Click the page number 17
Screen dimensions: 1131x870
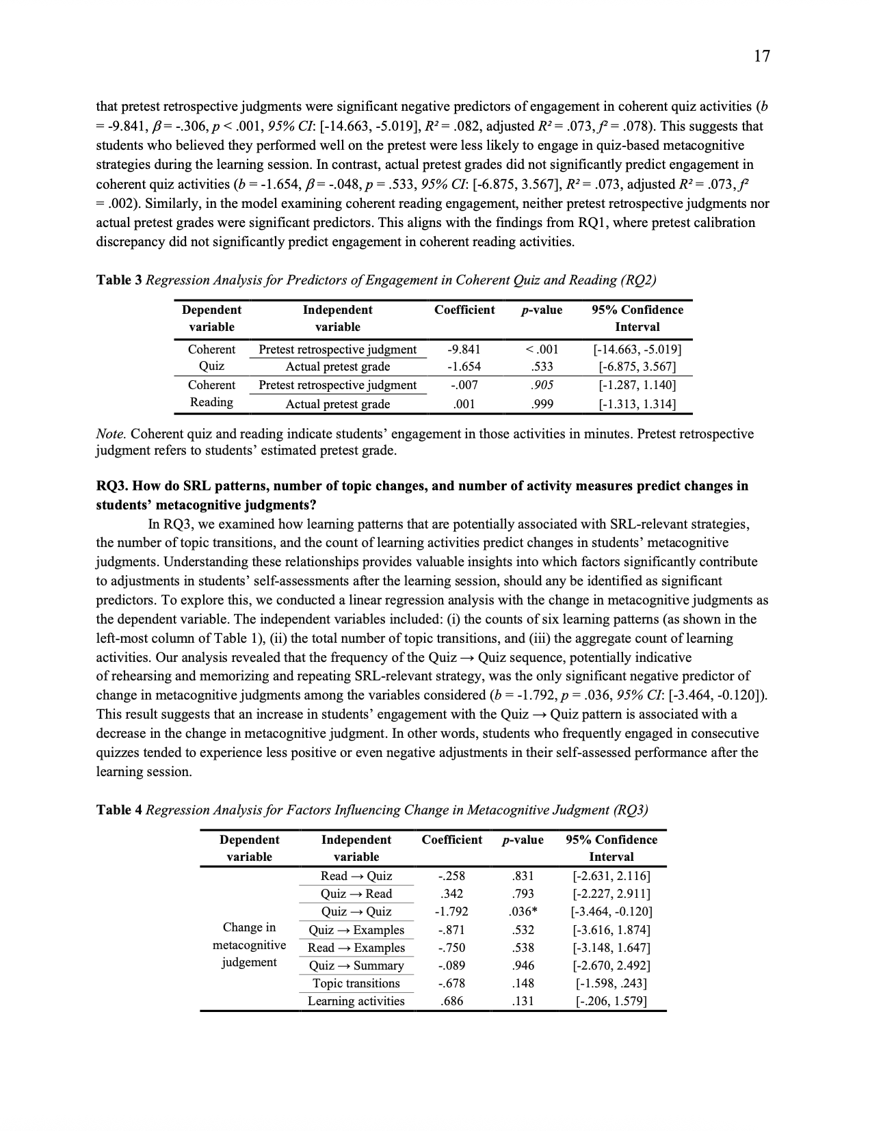tap(762, 56)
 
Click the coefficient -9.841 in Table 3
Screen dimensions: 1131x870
tap(464, 349)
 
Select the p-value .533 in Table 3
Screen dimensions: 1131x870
tap(542, 367)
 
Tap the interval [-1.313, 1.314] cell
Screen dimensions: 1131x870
tap(637, 404)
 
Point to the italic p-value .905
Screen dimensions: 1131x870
tap(542, 385)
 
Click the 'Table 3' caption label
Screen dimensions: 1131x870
tap(119, 280)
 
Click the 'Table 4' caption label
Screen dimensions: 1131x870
tap(119, 810)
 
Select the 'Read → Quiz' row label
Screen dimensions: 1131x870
tap(356, 876)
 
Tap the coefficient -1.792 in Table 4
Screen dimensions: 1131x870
tap(451, 912)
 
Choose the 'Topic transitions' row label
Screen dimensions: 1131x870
tap(356, 983)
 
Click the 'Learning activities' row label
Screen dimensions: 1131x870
tap(356, 1001)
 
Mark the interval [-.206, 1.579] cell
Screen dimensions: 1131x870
tap(611, 1001)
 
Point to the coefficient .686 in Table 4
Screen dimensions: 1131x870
tap(451, 1001)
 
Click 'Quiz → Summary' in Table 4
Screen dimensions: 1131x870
tap(356, 966)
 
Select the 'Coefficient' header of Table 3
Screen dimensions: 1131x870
tap(464, 310)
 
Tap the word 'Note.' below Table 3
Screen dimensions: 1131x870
tap(111, 434)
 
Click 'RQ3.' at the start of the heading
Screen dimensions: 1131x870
tap(111, 486)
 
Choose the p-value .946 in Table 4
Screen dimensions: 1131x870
tap(523, 966)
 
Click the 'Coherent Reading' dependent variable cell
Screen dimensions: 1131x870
tap(211, 394)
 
